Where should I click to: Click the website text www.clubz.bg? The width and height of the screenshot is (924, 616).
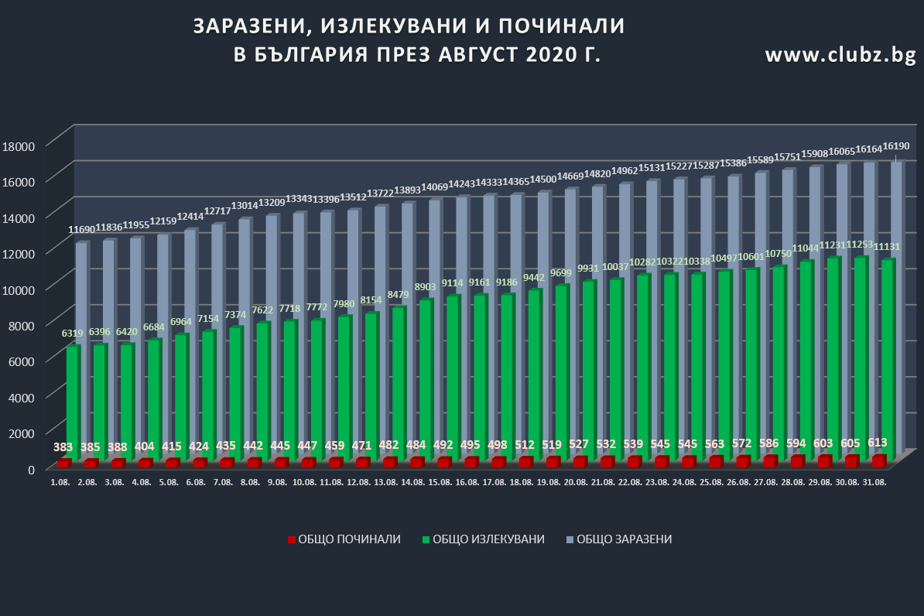840,55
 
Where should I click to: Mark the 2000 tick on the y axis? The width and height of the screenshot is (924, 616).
21,433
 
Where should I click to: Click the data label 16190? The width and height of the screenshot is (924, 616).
896,146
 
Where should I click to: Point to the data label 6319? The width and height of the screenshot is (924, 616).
73,334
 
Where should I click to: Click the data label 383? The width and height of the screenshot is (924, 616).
63,447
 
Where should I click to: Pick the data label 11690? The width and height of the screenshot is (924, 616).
81,230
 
